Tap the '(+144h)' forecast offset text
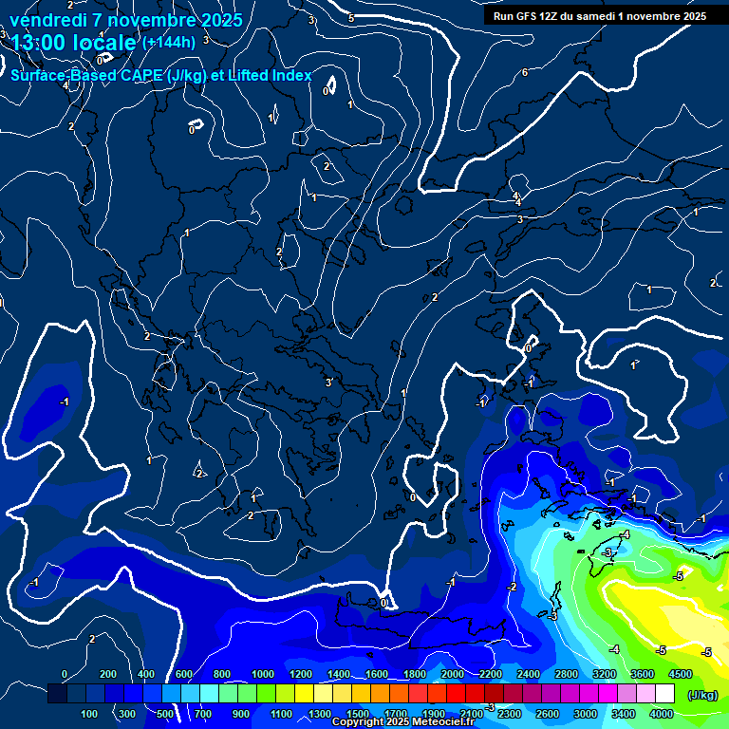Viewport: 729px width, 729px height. (169, 42)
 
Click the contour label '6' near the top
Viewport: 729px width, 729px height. (524, 73)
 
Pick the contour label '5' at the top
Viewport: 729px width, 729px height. (351, 18)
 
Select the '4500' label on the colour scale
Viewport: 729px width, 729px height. (680, 674)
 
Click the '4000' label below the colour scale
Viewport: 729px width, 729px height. (662, 714)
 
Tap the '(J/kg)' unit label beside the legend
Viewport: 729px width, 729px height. (702, 695)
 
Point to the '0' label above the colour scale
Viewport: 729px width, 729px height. (65, 674)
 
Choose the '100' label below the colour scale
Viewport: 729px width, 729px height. (90, 714)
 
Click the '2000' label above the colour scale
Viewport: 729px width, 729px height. (452, 674)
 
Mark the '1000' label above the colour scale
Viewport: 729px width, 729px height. (262, 674)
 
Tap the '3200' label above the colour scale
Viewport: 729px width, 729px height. (604, 674)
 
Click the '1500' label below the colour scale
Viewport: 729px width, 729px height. (357, 714)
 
